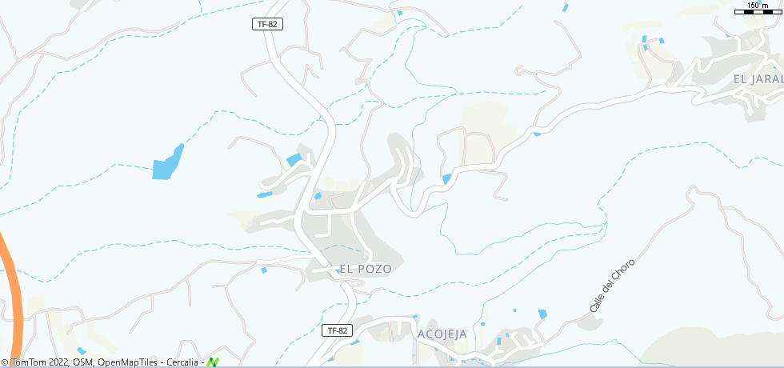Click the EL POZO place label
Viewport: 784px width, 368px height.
point(366,269)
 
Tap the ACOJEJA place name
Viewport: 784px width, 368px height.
point(442,334)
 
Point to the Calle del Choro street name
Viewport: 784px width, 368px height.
point(612,286)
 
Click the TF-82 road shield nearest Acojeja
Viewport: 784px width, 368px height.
point(338,330)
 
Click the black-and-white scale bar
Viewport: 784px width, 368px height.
point(758,11)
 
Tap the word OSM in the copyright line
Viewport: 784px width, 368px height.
point(82,362)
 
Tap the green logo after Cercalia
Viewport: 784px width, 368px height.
point(213,362)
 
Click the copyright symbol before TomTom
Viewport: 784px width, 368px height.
point(6,362)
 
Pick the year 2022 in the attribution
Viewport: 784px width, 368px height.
point(62,362)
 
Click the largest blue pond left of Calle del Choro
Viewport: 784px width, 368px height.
point(542,314)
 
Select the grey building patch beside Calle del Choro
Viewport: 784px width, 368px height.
point(591,320)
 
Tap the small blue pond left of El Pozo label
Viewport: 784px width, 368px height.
point(264,270)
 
